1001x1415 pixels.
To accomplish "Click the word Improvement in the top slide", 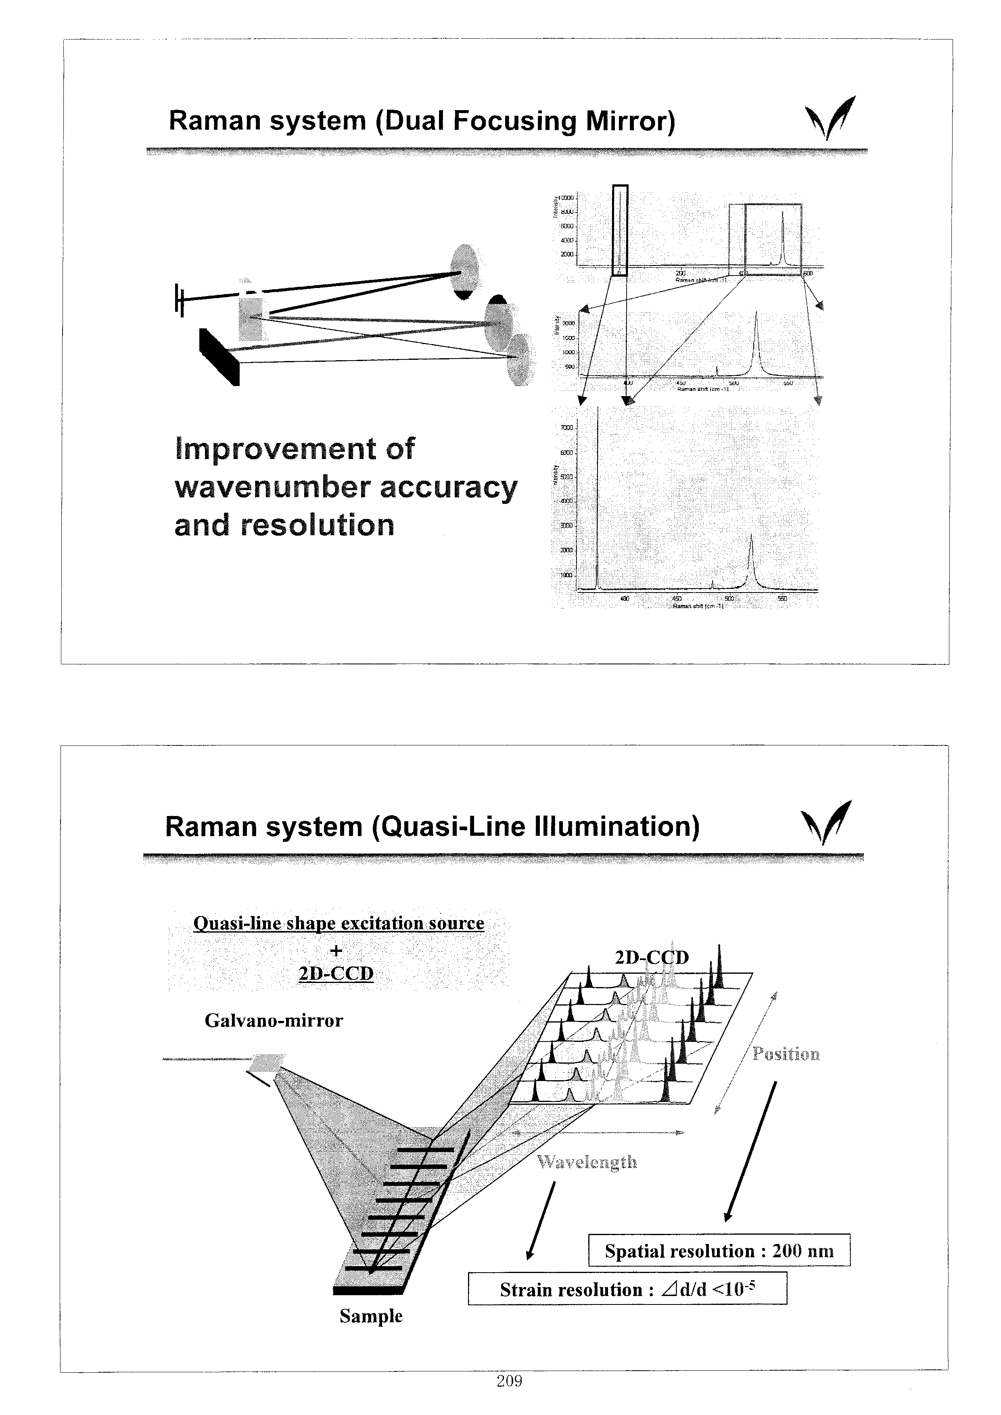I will pyautogui.click(x=295, y=449).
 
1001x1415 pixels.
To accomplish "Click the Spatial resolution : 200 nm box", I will pyautogui.click(x=719, y=1250).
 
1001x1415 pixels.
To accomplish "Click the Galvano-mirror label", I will pyautogui.click(x=273, y=1021).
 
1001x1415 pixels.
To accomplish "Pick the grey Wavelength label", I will pyautogui.click(x=586, y=1162).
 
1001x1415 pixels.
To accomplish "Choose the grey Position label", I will pyautogui.click(x=786, y=1054).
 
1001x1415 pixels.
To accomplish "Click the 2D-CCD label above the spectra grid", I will pyautogui.click(x=652, y=957).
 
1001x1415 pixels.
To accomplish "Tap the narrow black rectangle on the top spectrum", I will pyautogui.click(x=620, y=230).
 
